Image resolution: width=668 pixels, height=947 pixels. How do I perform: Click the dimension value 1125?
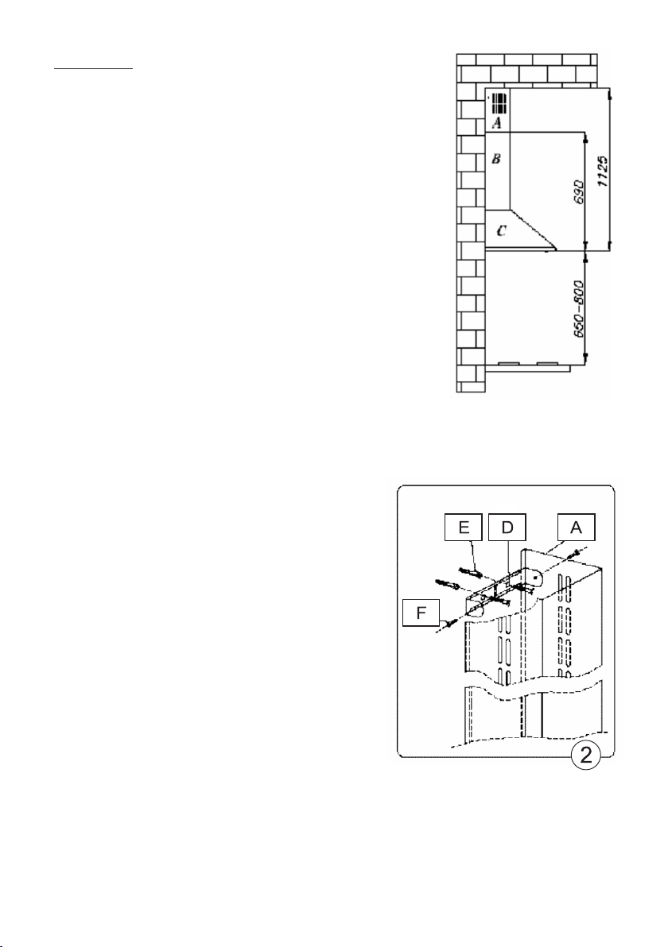pyautogui.click(x=604, y=169)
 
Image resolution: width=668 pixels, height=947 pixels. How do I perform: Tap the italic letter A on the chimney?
pyautogui.click(x=496, y=123)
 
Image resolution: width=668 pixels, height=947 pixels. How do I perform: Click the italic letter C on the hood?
pyautogui.click(x=499, y=231)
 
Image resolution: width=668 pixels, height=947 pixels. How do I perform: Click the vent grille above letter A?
pyautogui.click(x=499, y=102)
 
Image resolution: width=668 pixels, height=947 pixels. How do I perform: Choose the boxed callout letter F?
pyautogui.click(x=422, y=614)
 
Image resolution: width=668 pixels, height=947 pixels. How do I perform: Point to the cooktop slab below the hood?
pyautogui.click(x=528, y=369)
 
